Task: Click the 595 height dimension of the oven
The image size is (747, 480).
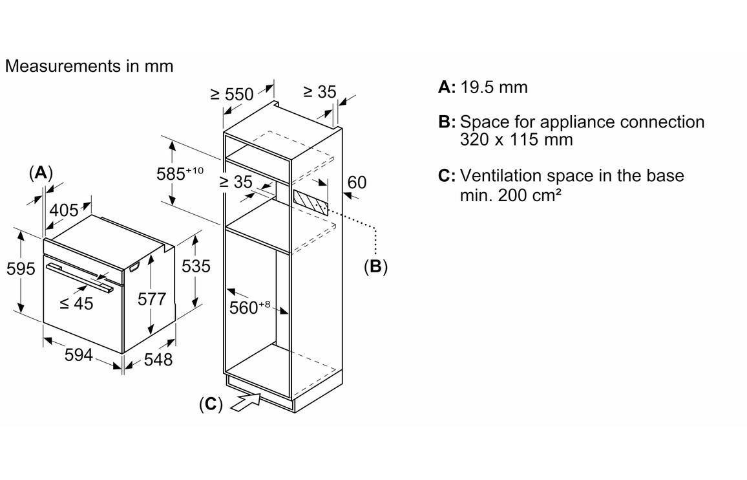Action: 21,268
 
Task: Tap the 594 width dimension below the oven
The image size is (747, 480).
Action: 79,355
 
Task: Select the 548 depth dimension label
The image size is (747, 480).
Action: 158,359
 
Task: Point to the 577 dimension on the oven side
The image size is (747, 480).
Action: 153,300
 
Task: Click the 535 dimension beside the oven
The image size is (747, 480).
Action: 196,266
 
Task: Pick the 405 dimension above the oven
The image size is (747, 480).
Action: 64,210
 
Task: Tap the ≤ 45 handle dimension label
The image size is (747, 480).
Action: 76,303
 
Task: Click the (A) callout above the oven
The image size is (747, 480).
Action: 41,173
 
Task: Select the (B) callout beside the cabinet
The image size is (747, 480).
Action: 375,266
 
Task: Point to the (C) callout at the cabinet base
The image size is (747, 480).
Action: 211,404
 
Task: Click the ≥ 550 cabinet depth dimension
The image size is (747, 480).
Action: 232,94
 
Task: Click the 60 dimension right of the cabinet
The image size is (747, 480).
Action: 357,182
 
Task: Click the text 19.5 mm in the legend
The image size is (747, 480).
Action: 494,87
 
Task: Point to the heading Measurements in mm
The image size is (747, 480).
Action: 89,66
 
